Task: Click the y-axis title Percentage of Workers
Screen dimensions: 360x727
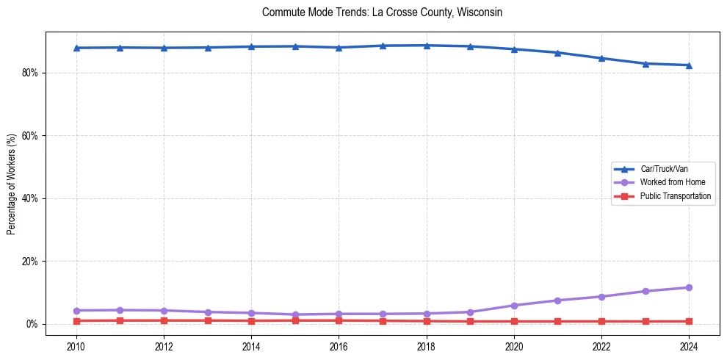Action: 11,184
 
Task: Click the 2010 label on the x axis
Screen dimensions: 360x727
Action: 76,346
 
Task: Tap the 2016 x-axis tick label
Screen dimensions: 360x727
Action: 339,346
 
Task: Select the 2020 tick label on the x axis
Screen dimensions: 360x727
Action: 514,346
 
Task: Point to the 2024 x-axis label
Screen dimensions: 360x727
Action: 689,346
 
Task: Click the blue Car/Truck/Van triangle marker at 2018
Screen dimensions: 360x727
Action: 427,45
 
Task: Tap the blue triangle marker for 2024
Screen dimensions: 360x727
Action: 689,65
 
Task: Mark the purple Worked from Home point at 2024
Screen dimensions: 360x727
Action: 689,287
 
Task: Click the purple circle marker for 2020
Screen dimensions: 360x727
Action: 514,306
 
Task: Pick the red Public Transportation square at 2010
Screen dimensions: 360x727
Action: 76,321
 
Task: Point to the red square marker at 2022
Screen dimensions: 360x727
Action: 601,321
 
